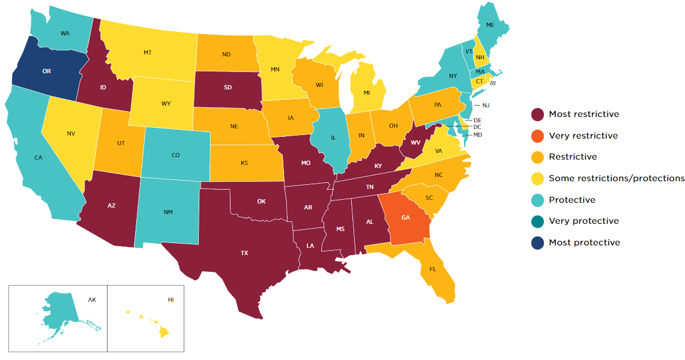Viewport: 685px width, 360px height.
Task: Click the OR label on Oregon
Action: (46, 71)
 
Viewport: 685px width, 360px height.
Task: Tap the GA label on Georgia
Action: (405, 218)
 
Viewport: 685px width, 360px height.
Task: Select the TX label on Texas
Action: (244, 253)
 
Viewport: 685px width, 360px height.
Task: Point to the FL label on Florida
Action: (433, 269)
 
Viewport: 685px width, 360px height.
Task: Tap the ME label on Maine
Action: (490, 25)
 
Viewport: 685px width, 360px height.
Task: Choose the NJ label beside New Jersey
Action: (486, 106)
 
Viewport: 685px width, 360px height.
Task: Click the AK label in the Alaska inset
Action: (92, 299)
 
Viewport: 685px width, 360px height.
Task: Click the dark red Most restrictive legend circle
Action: (537, 114)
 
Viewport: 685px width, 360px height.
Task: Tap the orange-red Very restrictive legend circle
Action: (537, 136)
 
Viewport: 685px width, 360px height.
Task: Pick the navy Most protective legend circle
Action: (537, 242)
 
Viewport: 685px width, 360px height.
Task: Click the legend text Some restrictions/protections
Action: (617, 178)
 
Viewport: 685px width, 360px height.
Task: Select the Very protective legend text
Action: (584, 221)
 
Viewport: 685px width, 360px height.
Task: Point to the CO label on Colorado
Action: (175, 155)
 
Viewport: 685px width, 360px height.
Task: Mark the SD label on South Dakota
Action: (228, 88)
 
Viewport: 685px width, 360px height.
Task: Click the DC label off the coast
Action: (477, 127)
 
